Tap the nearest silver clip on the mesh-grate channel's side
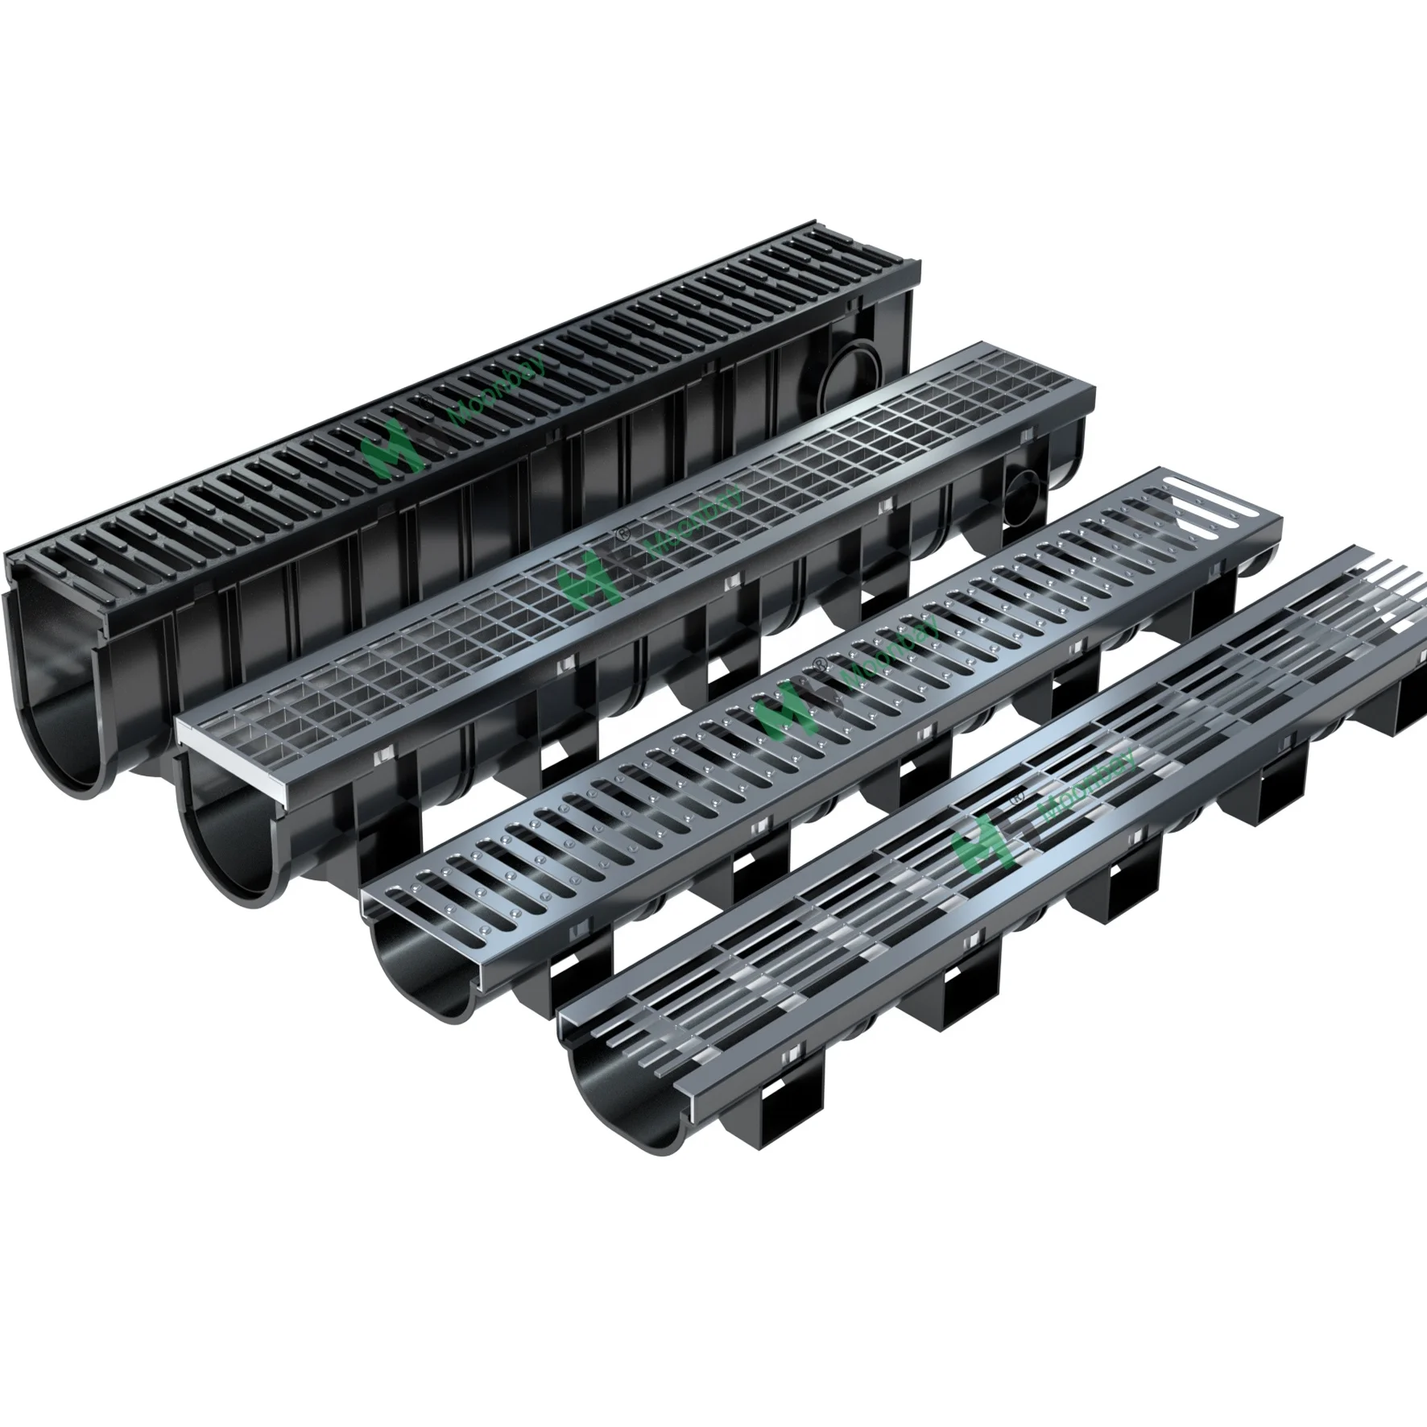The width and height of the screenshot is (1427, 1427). point(381,755)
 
